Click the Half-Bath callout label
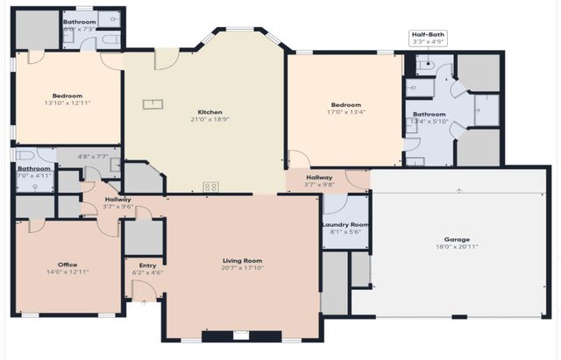(430, 37)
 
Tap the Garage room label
(457, 239)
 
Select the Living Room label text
(241, 260)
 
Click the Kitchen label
(209, 112)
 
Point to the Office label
(67, 264)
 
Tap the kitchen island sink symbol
(153, 104)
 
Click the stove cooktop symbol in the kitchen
(210, 186)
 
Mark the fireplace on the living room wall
(241, 335)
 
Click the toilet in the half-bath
(424, 63)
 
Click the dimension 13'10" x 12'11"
(67, 102)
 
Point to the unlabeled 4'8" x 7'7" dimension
(91, 157)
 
